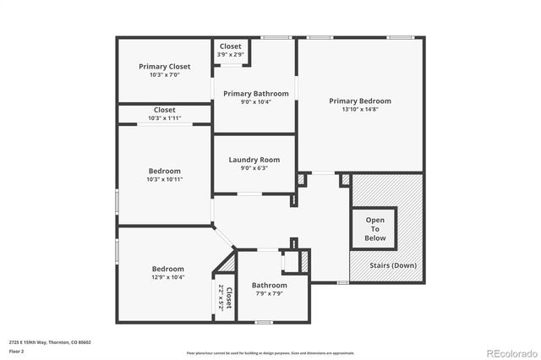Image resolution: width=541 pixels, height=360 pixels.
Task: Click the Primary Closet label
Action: [x=165, y=66]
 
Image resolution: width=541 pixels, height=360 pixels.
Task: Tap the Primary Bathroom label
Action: [x=255, y=93]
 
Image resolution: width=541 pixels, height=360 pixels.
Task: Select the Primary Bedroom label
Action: [x=360, y=101]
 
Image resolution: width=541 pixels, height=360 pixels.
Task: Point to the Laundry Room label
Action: [x=254, y=160]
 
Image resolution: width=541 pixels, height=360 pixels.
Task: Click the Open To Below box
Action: [x=374, y=229]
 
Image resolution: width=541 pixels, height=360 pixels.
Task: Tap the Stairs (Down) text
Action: [x=394, y=265]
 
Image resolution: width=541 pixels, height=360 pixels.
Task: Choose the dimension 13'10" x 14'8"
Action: [x=360, y=109]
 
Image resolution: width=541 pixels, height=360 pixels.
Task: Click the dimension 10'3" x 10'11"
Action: [x=165, y=179]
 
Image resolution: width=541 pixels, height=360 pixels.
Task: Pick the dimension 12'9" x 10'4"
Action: [x=168, y=276]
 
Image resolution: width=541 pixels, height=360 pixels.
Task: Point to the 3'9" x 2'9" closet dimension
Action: [x=230, y=54]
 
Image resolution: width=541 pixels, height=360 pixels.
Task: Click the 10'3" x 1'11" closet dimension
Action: [x=165, y=117]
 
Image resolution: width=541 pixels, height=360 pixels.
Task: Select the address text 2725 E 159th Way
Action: [x=50, y=342]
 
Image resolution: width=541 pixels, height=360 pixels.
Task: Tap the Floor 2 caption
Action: [x=16, y=350]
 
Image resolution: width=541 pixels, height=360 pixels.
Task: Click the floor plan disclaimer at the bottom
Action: [x=270, y=352]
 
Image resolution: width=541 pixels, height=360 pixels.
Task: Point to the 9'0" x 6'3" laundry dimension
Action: [x=254, y=168]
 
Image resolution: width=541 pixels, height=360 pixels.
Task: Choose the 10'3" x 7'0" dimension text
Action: [x=165, y=74]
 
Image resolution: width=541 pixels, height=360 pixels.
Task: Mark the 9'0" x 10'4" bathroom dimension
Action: [x=255, y=101]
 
